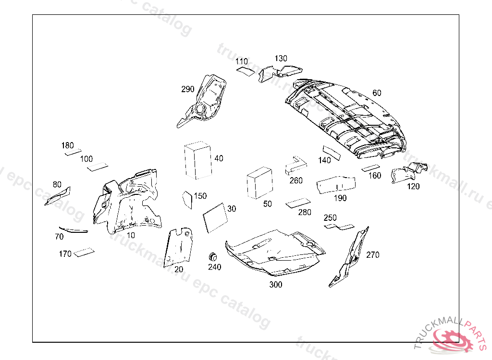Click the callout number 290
[x=188, y=89]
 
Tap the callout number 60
[x=377, y=93]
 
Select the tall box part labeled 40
[x=198, y=160]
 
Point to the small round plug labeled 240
[x=213, y=255]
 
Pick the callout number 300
[x=276, y=285]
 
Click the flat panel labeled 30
[x=215, y=218]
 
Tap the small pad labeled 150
[x=187, y=200]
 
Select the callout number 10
[x=131, y=235]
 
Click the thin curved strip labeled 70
[x=73, y=229]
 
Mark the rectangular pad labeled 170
[x=84, y=252]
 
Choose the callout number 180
[x=68, y=145]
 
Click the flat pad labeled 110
[x=246, y=72]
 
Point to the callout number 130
[x=281, y=59]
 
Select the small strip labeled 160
[x=370, y=168]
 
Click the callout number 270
[x=373, y=255]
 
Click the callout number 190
[x=340, y=198]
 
